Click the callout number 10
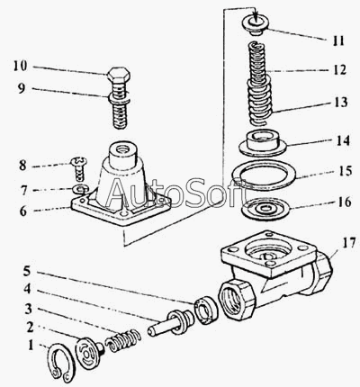[x=21, y=67]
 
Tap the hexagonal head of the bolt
[x=119, y=75]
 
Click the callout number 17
[x=348, y=242]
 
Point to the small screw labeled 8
[x=79, y=169]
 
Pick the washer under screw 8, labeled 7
[x=79, y=189]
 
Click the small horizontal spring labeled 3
[x=123, y=340]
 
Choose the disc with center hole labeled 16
[x=265, y=209]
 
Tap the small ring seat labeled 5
[x=206, y=310]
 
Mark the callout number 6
[x=23, y=211]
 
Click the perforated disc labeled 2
[x=87, y=354]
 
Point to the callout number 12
[x=339, y=70]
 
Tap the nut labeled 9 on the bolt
[x=119, y=97]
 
